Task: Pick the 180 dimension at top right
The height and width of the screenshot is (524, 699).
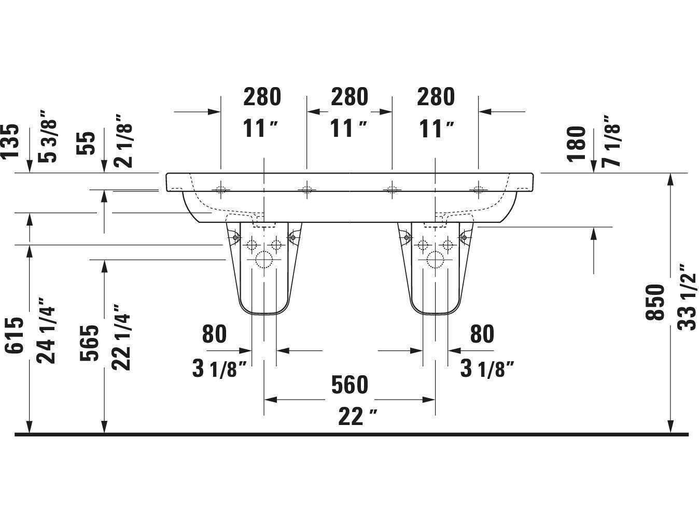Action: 577,144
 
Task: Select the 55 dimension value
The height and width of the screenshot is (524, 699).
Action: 87,144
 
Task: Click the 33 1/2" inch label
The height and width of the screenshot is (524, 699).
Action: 687,297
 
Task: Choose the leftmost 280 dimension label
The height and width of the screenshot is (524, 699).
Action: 262,97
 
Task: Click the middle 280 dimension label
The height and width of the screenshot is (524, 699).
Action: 349,97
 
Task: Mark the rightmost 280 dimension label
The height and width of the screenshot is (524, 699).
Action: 436,97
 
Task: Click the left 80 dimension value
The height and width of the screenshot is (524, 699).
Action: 214,334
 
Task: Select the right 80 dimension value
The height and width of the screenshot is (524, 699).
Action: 482,334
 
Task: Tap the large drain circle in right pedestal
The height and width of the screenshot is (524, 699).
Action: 435,259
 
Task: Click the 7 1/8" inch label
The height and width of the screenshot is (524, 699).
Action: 612,140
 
